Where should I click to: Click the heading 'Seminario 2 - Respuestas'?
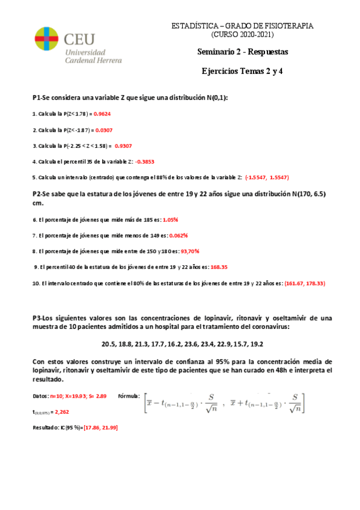click(243, 52)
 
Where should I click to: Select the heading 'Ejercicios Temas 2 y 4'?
click(243, 72)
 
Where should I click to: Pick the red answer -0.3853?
click(145, 161)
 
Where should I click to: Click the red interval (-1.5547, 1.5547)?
click(267, 177)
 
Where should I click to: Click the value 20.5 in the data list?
click(109, 345)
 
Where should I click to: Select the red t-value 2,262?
click(61, 412)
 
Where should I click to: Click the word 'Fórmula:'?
click(129, 396)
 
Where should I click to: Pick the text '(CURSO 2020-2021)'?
click(243, 35)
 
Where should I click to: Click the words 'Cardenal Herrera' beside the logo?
click(93, 60)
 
